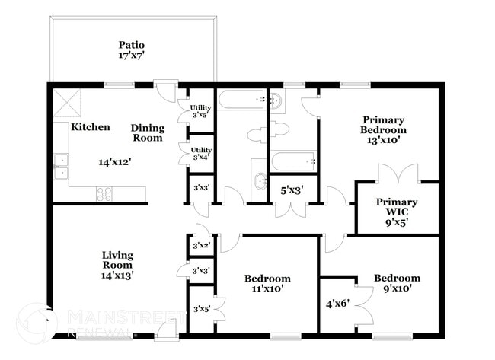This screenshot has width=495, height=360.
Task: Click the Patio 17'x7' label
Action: click(131, 50)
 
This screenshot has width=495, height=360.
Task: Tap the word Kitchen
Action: click(91, 127)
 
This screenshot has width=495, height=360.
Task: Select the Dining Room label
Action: click(147, 133)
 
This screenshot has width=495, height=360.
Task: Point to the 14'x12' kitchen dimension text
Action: click(114, 162)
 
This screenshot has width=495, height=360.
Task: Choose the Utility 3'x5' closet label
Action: click(201, 112)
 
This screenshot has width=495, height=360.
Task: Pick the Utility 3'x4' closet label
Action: click(201, 153)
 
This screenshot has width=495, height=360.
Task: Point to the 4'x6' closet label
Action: click(338, 302)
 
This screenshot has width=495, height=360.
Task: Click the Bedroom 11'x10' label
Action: click(267, 284)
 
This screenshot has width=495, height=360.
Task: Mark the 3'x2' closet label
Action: click(201, 246)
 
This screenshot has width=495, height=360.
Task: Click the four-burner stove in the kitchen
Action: click(104, 194)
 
